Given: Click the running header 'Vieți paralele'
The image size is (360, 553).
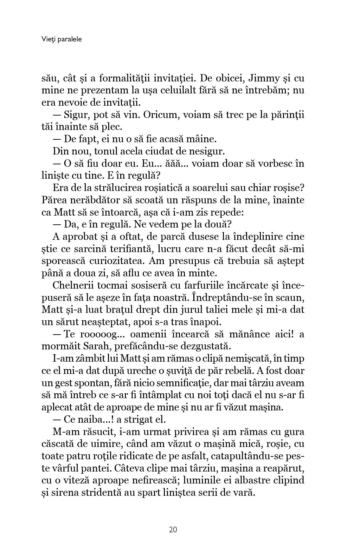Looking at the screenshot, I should pyautogui.click(x=61, y=39).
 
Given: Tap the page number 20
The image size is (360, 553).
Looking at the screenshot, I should pyautogui.click(x=173, y=529).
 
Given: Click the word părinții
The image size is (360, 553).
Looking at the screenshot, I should pyautogui.click(x=285, y=114).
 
